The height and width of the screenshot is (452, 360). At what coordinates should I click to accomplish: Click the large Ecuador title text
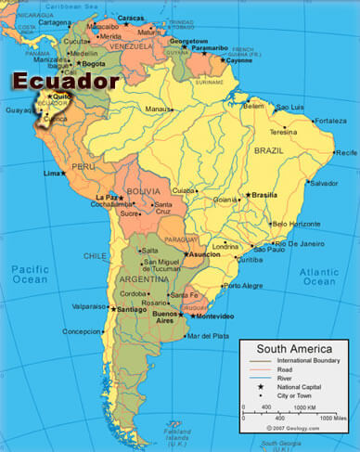point(65,81)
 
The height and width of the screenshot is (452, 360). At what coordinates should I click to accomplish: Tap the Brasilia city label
point(265,195)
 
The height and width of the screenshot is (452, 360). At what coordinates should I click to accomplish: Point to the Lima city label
point(51,174)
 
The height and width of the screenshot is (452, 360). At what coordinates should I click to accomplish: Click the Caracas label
point(131,18)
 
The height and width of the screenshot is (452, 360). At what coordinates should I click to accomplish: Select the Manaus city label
point(158,110)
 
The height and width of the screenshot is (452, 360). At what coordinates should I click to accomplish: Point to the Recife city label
point(345,151)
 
